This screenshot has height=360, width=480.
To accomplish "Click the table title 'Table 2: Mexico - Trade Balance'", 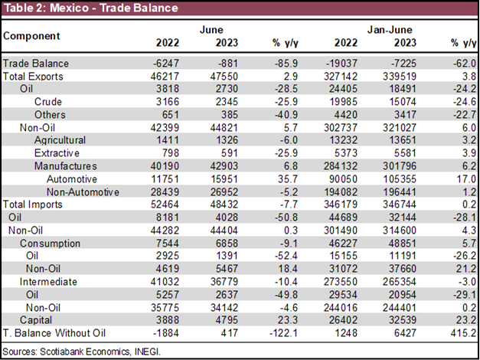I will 90,8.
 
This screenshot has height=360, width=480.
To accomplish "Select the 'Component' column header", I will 32,36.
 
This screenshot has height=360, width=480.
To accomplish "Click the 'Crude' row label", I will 47,102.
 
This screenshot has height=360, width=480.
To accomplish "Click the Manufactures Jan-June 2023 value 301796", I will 398,165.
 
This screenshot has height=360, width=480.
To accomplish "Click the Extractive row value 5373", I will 341,153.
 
